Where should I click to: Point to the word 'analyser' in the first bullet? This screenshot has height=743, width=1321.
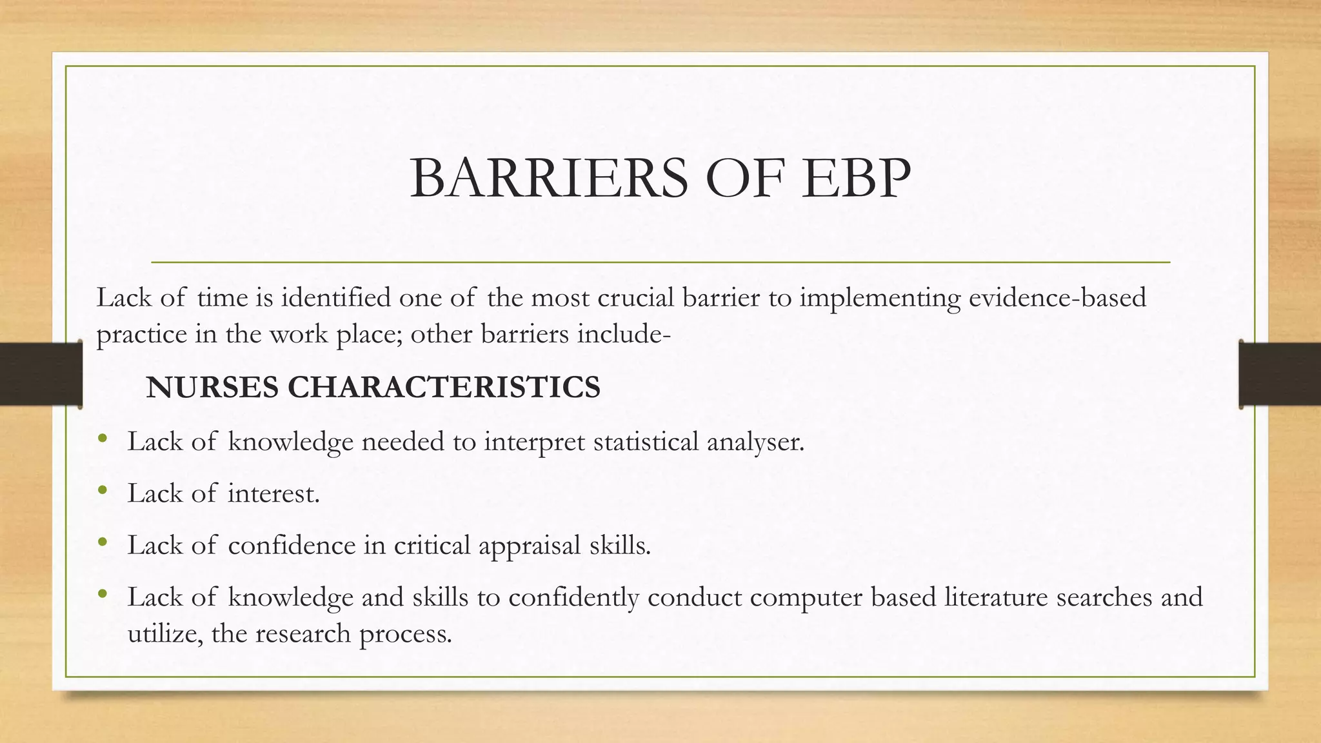click(x=755, y=442)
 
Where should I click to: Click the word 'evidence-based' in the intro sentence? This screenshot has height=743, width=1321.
click(x=1057, y=298)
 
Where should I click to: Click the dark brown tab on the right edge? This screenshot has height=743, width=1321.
click(x=1280, y=374)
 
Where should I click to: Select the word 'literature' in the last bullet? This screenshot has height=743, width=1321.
click(x=996, y=597)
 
